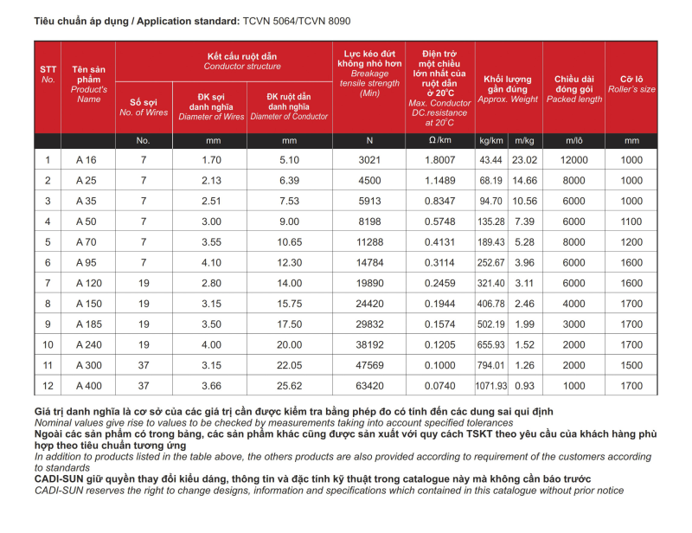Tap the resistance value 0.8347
439,201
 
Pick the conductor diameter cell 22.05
289,365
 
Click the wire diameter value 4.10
212,262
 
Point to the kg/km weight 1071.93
490,386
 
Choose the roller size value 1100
631,222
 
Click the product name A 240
89,344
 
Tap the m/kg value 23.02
524,159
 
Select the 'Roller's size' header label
631,89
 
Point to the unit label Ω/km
439,140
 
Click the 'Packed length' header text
573,99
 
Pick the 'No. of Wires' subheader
144,113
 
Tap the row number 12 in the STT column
48,386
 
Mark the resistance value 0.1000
439,365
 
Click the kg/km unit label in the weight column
490,140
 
